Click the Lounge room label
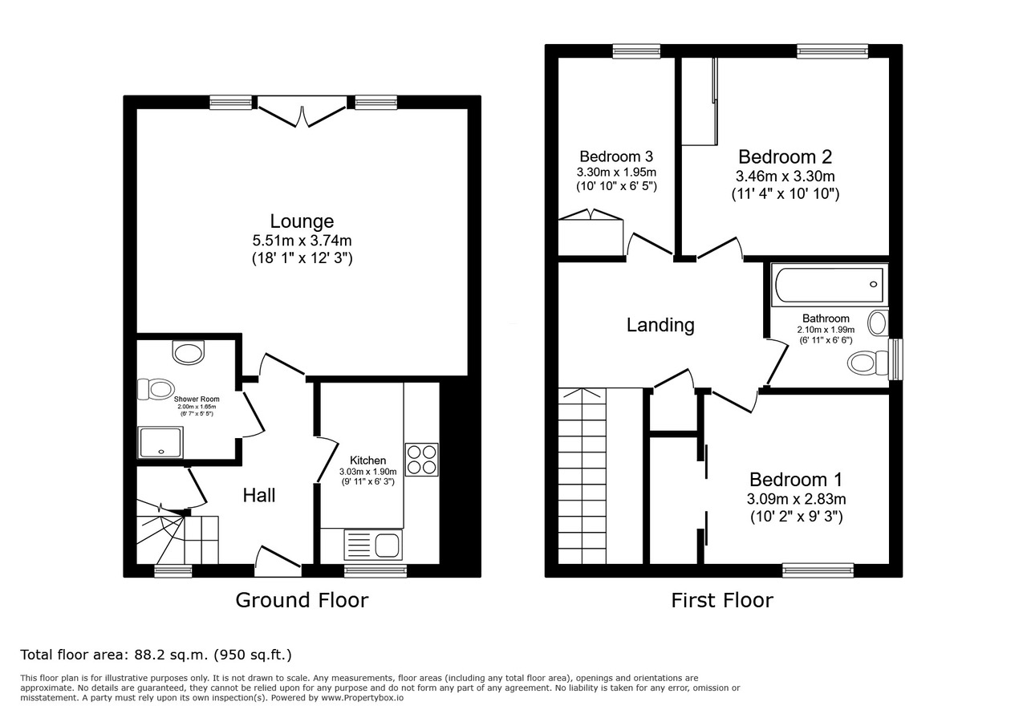tap(302, 221)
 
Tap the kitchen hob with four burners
tap(422, 460)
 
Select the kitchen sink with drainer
tap(373, 545)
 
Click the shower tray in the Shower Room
tap(160, 442)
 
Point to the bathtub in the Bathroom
tap(830, 284)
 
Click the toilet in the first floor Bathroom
tap(868, 363)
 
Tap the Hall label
tap(259, 495)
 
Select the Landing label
tap(660, 325)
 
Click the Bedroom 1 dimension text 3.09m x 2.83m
tap(797, 499)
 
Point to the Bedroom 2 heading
tap(785, 156)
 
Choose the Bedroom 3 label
tap(616, 156)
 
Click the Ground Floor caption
tap(302, 600)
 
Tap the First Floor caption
tap(722, 600)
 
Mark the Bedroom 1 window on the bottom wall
tap(818, 570)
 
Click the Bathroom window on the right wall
tap(895, 359)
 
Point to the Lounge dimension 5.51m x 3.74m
tap(302, 240)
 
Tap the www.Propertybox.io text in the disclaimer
tap(362, 698)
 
